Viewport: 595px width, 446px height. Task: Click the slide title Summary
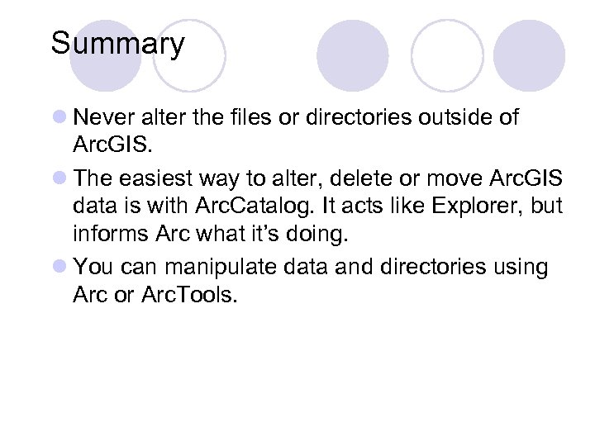117,43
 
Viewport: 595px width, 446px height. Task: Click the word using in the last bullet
518,268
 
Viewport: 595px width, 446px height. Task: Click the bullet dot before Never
60,118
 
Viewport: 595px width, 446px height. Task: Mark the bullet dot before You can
60,268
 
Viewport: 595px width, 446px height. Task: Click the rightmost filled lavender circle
529,56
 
